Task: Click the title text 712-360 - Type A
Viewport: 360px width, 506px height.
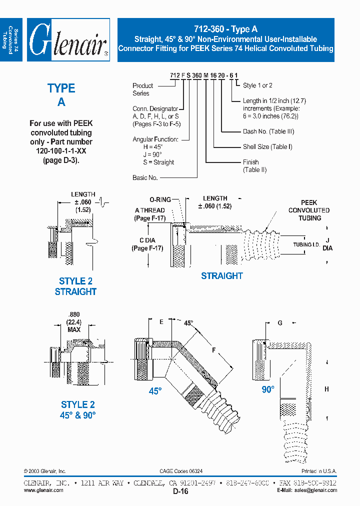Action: (x=225, y=29)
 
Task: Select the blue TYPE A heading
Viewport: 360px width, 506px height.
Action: (x=61, y=94)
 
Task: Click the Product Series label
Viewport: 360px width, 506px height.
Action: (x=143, y=89)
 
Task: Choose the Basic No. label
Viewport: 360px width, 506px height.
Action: (x=145, y=177)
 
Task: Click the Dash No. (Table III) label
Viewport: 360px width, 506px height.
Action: (x=268, y=131)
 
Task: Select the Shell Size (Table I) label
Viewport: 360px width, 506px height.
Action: (x=267, y=147)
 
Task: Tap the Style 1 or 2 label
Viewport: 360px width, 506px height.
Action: (x=257, y=85)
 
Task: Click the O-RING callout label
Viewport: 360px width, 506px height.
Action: (x=160, y=199)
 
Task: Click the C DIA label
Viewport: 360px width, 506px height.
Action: (x=146, y=244)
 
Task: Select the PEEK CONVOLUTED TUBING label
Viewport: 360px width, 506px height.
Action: (x=308, y=210)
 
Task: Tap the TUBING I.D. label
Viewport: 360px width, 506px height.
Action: (x=305, y=244)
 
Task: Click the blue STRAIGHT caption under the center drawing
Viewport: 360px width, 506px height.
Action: (x=221, y=275)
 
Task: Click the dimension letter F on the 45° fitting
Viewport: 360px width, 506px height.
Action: (x=213, y=350)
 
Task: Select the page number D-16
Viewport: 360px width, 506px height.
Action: (x=180, y=491)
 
